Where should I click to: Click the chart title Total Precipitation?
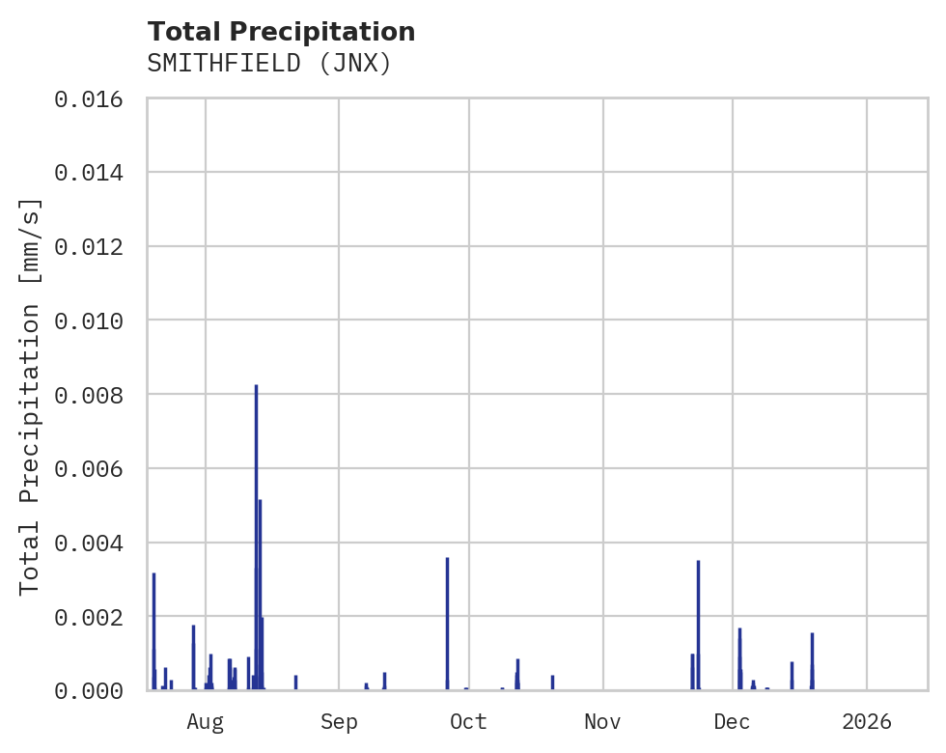(x=281, y=32)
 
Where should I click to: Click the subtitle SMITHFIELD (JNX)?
(x=269, y=64)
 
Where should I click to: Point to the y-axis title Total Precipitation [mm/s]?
(x=30, y=396)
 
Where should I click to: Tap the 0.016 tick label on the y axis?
(x=89, y=98)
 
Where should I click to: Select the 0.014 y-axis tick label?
(x=89, y=173)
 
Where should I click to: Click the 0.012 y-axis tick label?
(x=89, y=247)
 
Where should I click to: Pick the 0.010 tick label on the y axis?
(x=89, y=321)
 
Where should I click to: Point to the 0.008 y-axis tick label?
(x=89, y=395)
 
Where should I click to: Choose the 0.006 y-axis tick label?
(x=89, y=468)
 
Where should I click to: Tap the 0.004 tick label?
(x=89, y=543)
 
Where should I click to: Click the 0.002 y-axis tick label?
(x=89, y=617)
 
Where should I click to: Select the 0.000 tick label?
(x=89, y=690)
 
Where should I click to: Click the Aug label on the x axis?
(x=206, y=721)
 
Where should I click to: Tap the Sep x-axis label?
(x=339, y=721)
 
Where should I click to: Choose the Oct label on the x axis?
(x=469, y=721)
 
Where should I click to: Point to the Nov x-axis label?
(x=602, y=721)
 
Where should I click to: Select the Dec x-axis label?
(x=733, y=721)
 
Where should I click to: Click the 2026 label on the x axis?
(x=867, y=721)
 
